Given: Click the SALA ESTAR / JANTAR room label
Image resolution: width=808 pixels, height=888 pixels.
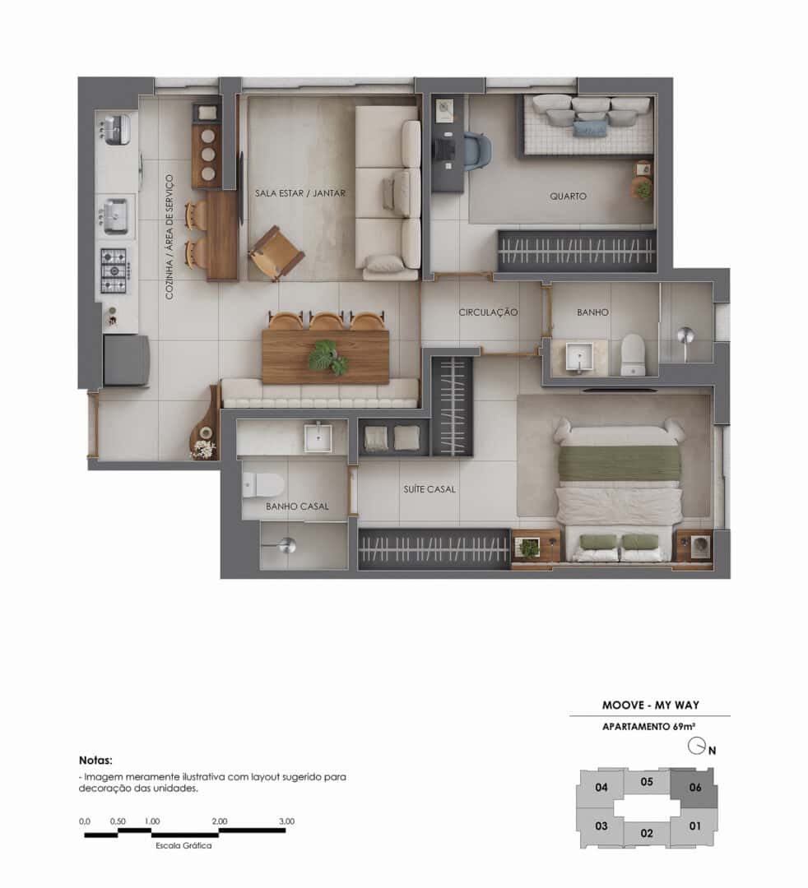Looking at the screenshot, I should click(300, 194).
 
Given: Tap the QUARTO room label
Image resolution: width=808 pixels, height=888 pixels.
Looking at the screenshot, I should click(569, 197).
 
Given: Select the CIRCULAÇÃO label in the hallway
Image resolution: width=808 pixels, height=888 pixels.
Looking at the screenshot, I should click(488, 312).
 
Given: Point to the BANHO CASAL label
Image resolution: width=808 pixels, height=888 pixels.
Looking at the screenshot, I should click(297, 506).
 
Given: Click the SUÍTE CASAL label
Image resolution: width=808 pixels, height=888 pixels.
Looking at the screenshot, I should click(429, 489).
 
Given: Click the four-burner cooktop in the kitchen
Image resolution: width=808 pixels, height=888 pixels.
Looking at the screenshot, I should click(114, 270).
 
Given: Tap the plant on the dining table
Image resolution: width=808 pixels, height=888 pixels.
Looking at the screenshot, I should click(327, 357).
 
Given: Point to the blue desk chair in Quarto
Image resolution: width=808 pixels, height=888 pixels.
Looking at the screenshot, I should click(476, 150).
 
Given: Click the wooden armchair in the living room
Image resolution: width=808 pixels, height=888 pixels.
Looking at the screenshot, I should click(276, 253).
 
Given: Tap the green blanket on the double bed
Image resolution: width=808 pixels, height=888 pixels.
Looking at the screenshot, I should click(620, 463).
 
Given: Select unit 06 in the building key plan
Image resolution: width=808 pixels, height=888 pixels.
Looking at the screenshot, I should click(694, 787).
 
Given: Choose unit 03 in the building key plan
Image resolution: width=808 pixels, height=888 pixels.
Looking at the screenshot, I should click(601, 826).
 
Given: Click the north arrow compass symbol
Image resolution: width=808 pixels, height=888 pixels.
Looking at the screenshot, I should click(698, 747).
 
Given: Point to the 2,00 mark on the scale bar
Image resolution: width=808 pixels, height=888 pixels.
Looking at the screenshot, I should click(219, 821).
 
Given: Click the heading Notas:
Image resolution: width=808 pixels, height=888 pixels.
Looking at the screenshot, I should click(95, 761).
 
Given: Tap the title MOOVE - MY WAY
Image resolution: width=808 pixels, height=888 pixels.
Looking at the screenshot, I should click(650, 705).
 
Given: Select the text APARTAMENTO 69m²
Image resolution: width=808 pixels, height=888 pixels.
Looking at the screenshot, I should click(649, 727).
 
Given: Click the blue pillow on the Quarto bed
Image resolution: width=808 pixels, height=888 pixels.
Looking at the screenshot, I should click(589, 128).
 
